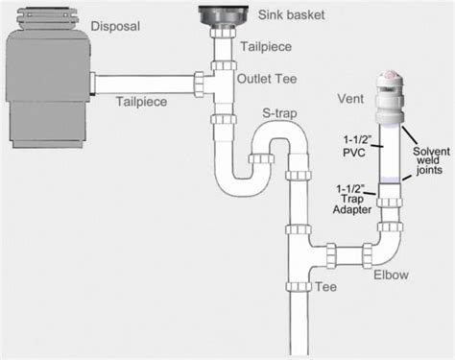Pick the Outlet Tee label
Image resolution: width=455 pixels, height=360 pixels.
pyautogui.click(x=269, y=79)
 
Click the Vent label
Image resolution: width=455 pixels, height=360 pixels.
pyautogui.click(x=349, y=98)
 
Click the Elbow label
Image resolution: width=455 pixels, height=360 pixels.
pyautogui.click(x=392, y=275)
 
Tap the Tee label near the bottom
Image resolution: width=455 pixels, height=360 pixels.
pyautogui.click(x=326, y=287)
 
